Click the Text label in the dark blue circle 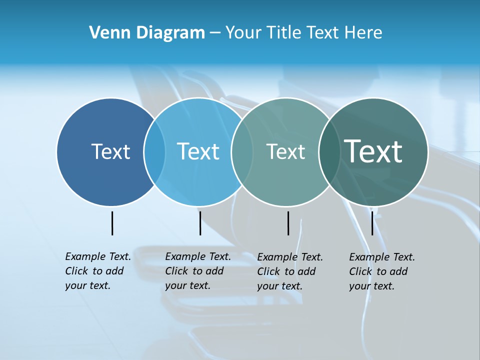[x=110, y=151]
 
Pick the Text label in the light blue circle [x=198, y=151]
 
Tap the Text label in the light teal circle [x=285, y=151]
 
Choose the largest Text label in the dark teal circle [x=373, y=151]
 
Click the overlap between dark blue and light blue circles [x=154, y=151]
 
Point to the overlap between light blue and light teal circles [x=242, y=151]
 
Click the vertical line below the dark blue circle [x=112, y=223]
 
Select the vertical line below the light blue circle [x=200, y=223]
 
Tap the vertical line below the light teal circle [x=288, y=223]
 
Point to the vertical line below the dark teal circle [x=372, y=223]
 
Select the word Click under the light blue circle [x=176, y=271]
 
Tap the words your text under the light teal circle [x=279, y=286]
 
